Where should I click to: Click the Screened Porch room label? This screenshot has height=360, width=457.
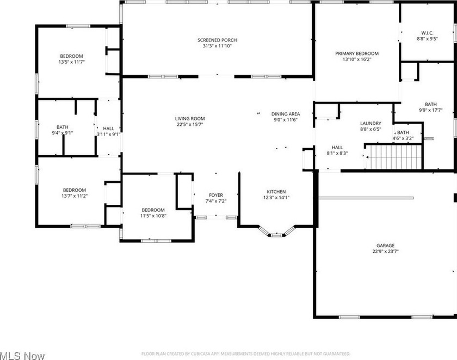pos(217,40)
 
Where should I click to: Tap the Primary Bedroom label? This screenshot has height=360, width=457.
pos(357,53)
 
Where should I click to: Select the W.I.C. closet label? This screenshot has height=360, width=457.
pos(427,33)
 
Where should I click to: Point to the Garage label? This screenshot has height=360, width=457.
pos(385,246)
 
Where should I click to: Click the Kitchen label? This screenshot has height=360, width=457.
pos(276,192)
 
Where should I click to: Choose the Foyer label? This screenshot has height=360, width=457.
pos(216,195)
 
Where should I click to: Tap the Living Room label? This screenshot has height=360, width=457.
pos(190,118)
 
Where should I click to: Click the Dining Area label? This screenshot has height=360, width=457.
pos(286,114)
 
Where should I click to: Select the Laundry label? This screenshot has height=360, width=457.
pos(370,124)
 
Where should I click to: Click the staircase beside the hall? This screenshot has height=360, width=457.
pos(393,157)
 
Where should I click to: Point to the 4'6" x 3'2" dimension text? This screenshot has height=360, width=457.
pos(403,138)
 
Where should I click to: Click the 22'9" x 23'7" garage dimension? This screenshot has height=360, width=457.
pos(385,252)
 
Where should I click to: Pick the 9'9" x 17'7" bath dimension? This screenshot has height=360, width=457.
pos(431,110)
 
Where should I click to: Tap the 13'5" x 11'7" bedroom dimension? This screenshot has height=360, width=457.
pos(72,62)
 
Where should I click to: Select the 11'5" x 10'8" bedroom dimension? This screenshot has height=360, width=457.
pos(153,216)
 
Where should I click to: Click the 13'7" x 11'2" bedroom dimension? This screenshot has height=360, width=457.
pos(75,196)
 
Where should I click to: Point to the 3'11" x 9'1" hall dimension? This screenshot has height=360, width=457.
pos(108,134)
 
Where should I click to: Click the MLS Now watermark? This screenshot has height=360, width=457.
pos(22,356)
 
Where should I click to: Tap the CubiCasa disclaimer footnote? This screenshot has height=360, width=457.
pos(246,354)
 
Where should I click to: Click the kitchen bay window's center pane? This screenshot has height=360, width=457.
pos(276,235)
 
